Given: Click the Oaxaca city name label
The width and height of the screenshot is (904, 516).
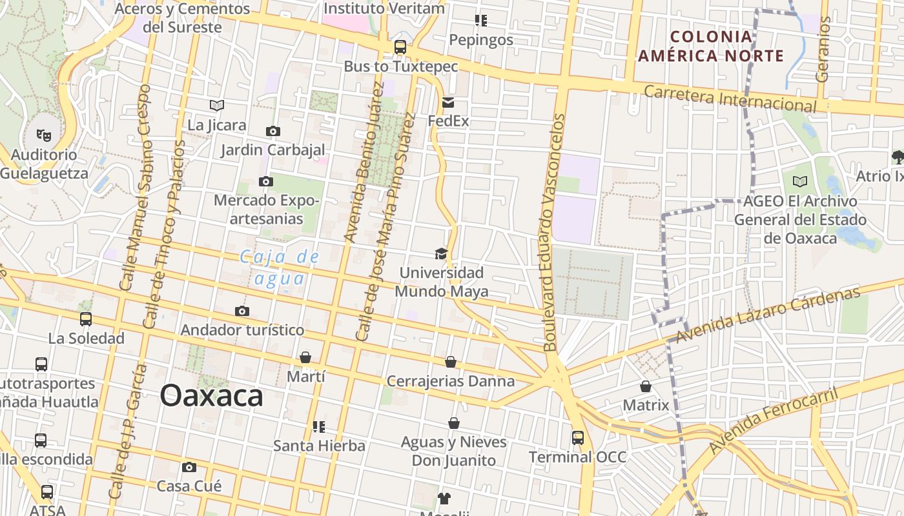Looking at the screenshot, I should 211,395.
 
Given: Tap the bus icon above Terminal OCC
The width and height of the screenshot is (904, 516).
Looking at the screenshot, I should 578,438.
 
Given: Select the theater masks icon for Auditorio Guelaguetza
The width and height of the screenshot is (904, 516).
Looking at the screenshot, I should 44,135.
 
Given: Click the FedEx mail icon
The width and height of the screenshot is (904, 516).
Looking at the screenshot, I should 448,103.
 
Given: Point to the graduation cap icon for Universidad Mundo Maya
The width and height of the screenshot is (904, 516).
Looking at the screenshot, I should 441,253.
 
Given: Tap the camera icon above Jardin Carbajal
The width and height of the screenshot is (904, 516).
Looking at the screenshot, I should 273,132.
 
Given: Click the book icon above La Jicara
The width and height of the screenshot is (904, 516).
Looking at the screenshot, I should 217,105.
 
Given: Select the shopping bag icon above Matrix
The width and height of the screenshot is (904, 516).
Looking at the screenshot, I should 646,386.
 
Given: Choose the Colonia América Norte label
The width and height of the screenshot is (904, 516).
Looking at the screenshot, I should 711,46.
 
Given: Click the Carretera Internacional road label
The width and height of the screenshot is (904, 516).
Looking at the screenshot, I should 730,98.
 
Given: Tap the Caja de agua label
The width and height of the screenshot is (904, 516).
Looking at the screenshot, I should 280,268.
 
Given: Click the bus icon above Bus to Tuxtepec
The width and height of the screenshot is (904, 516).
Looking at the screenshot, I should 400,47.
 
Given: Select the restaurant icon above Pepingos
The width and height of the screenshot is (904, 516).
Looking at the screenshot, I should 480,21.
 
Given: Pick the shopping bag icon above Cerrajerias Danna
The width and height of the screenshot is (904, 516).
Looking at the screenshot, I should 451,362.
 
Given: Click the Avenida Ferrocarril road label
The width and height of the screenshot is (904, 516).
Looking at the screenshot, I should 773,420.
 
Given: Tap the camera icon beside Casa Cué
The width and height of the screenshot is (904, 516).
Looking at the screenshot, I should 189,467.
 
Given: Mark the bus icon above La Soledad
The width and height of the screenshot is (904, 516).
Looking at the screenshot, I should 86,319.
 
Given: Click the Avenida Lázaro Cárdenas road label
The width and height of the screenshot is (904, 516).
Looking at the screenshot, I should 768,315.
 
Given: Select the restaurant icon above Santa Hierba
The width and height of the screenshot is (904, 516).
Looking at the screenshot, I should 318,426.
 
